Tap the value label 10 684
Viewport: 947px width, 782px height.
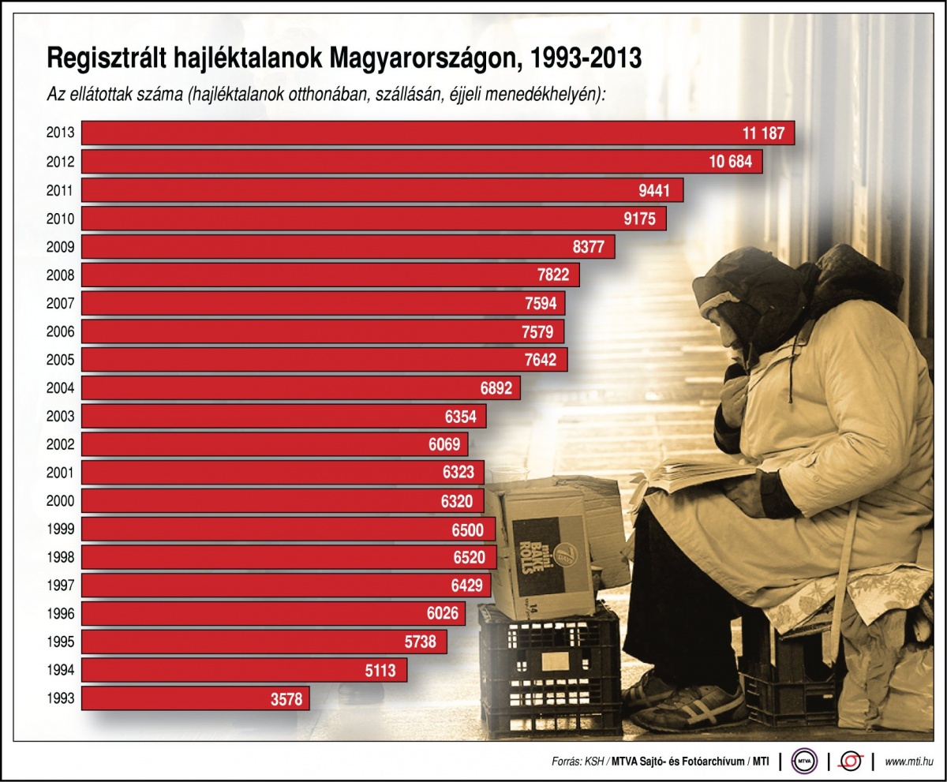pos(730,162)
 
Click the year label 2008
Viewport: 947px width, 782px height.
pos(60,275)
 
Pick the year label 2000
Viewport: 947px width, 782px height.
pos(60,501)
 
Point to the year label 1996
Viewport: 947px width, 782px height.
pos(60,614)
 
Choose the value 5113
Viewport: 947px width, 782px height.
pos(384,671)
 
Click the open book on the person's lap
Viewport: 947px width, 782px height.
pos(694,473)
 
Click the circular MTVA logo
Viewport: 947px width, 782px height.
pos(804,761)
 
